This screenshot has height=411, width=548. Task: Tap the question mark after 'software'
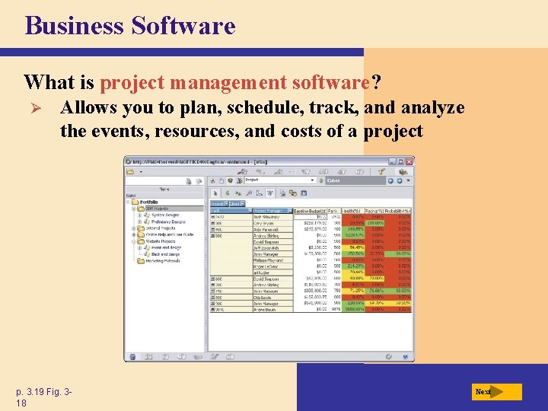click(x=375, y=81)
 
